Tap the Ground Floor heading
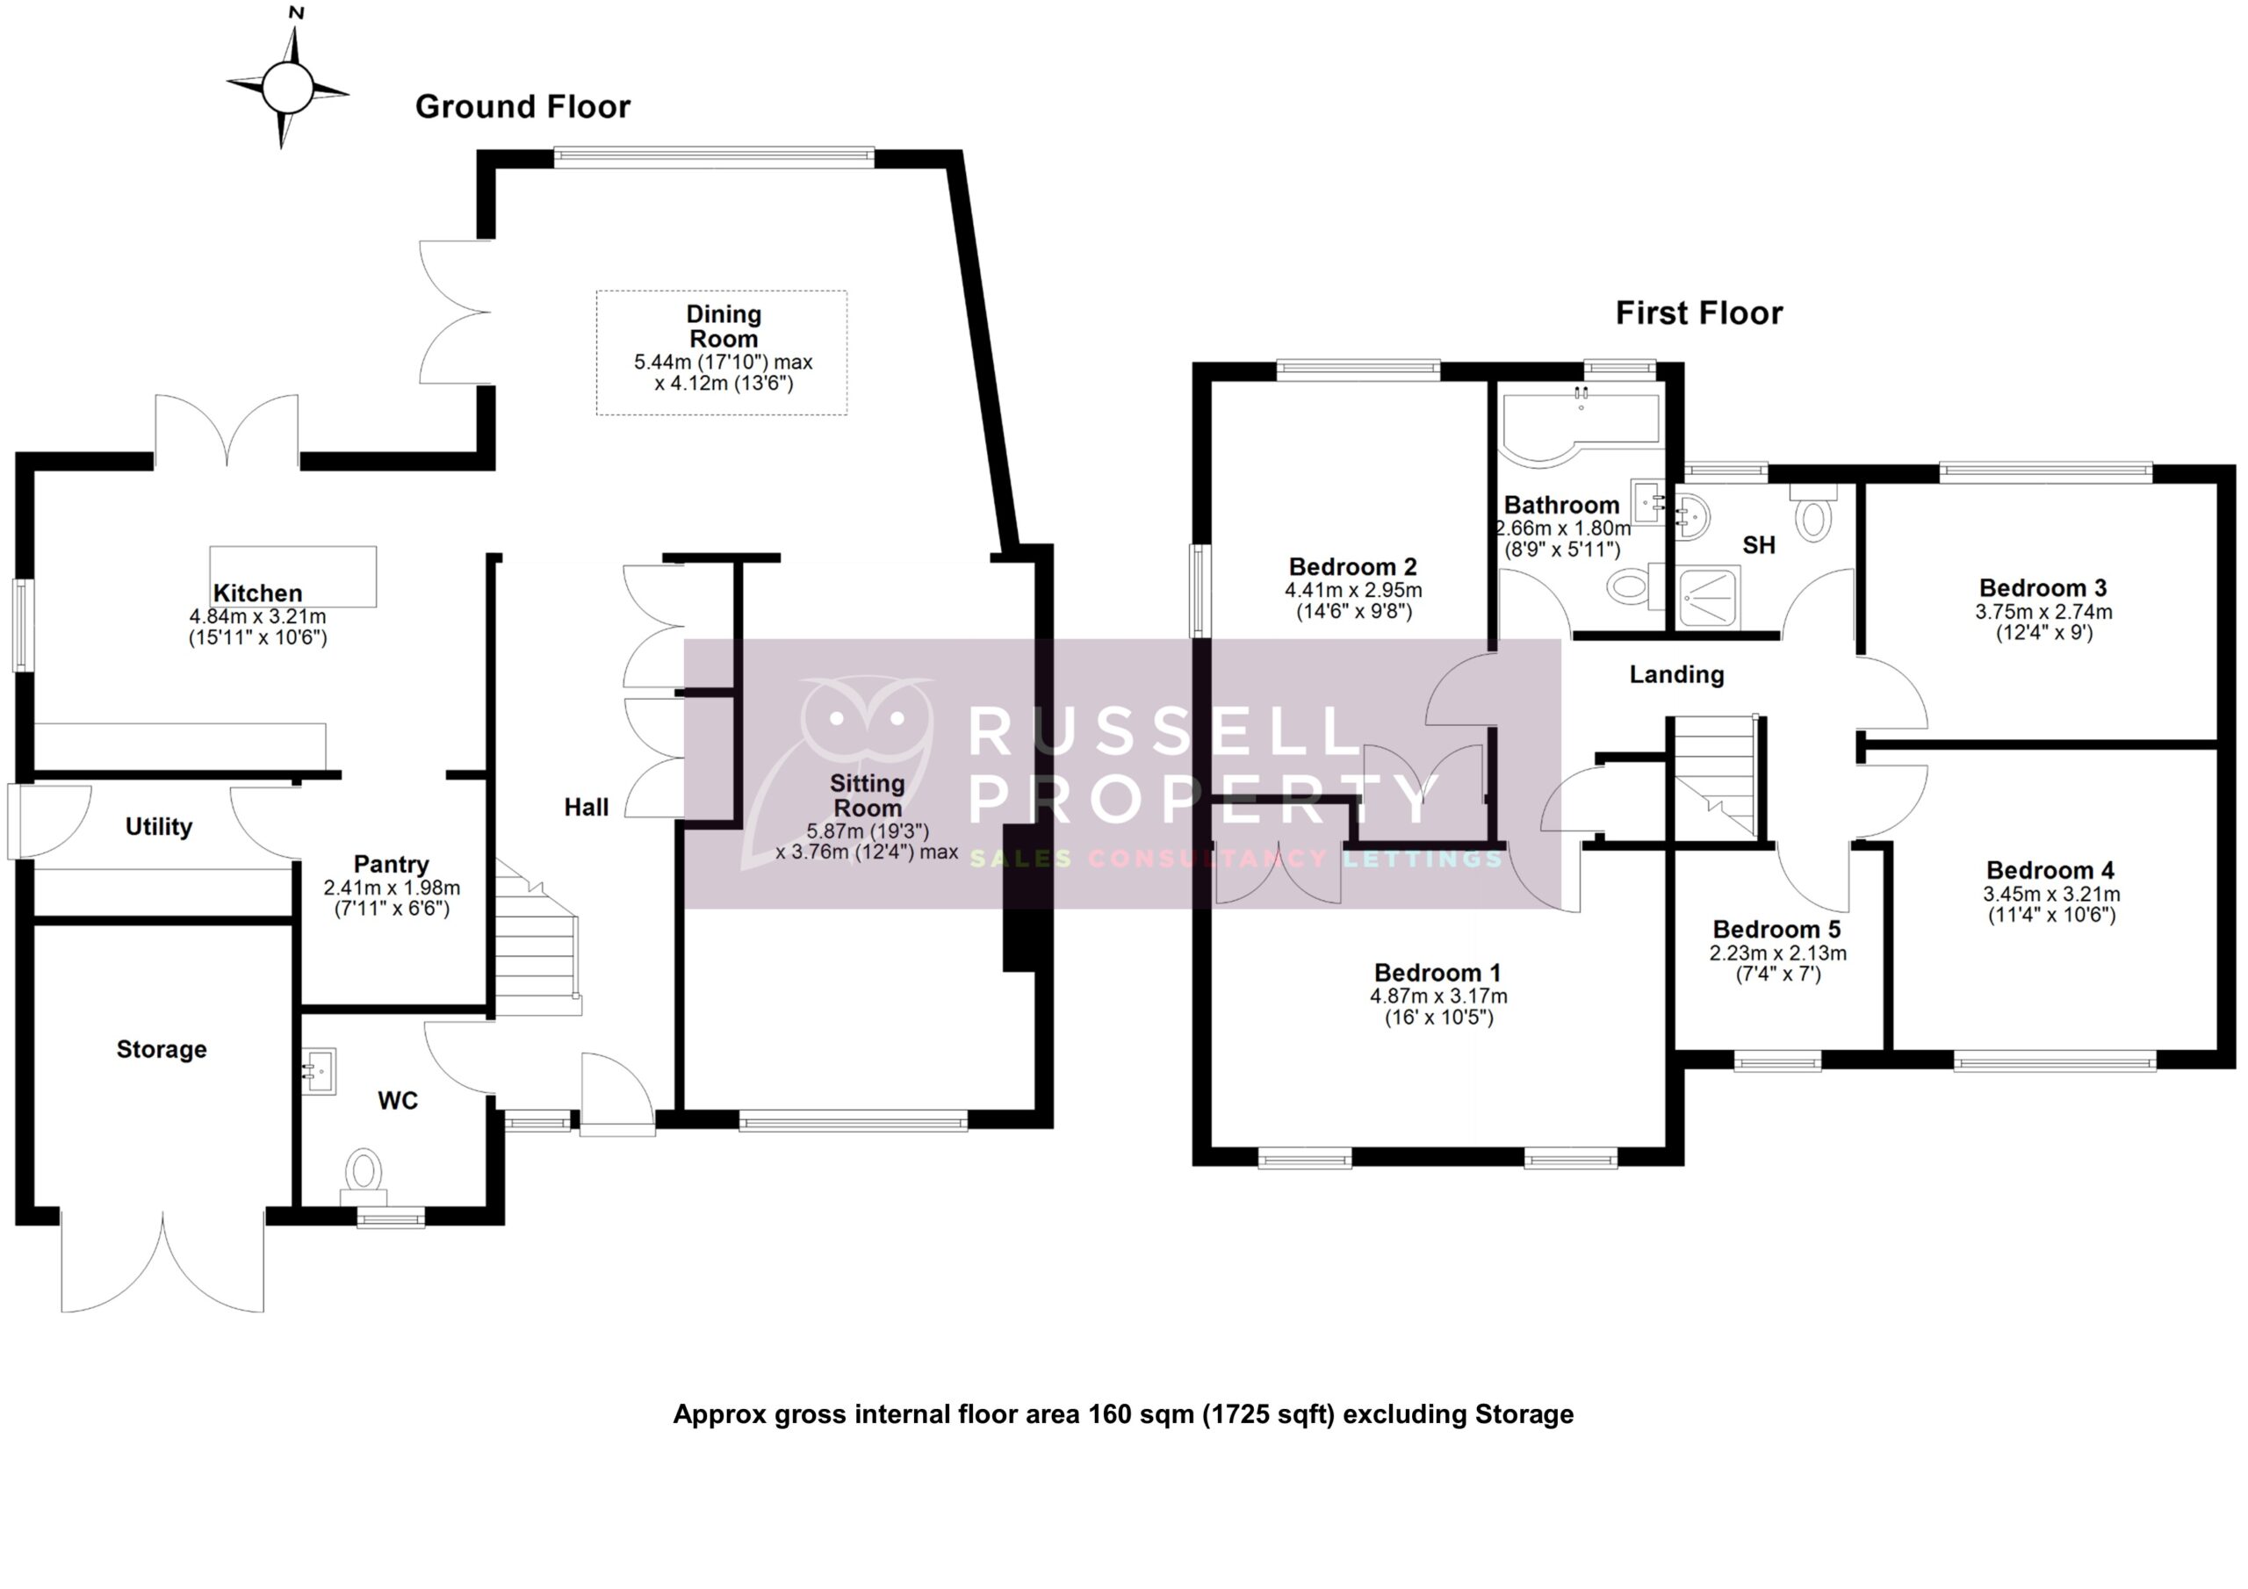[522, 105]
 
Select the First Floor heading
[1697, 313]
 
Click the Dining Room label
[723, 326]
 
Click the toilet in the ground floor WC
[364, 1171]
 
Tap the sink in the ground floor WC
[318, 1070]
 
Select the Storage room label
[162, 1050]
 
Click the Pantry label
[391, 864]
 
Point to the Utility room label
[159, 826]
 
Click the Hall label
[586, 807]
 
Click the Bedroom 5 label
[1776, 928]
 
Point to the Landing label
[1676, 673]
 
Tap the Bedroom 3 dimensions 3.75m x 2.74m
[2043, 612]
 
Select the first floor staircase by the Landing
[1713, 773]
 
